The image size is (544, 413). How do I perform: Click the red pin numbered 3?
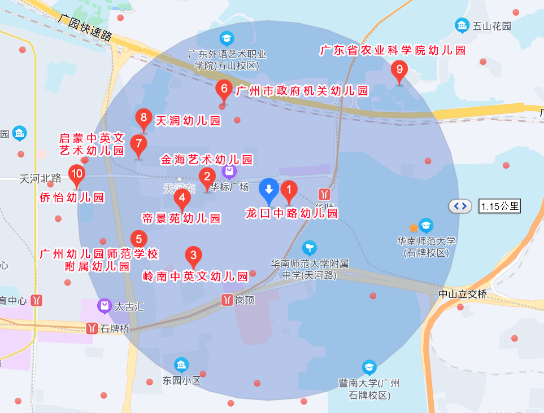point(194,256)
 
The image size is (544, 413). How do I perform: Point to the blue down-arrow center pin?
point(269,190)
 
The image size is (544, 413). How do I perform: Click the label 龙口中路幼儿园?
point(291,213)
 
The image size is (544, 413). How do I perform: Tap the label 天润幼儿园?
point(188,121)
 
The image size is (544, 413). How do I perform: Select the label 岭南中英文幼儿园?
point(195,276)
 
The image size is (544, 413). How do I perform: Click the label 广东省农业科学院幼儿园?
point(393,50)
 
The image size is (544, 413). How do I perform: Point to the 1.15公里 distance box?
point(499,206)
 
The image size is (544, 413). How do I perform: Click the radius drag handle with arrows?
point(460,206)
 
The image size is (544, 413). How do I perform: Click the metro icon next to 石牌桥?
point(92,328)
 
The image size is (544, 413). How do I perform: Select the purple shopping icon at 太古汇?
point(104,306)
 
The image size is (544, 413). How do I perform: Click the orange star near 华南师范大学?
point(414,227)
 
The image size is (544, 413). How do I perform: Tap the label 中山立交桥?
point(462,293)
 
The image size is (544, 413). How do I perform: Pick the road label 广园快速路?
point(85,27)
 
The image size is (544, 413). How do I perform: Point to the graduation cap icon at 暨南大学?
point(369,368)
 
